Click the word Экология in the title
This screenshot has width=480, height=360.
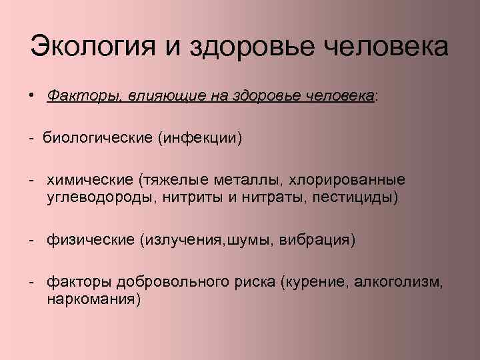coord(90,49)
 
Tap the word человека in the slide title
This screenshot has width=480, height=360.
coord(386,49)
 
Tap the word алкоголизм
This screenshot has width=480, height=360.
coord(400,283)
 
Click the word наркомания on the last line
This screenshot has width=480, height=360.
coord(93,299)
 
